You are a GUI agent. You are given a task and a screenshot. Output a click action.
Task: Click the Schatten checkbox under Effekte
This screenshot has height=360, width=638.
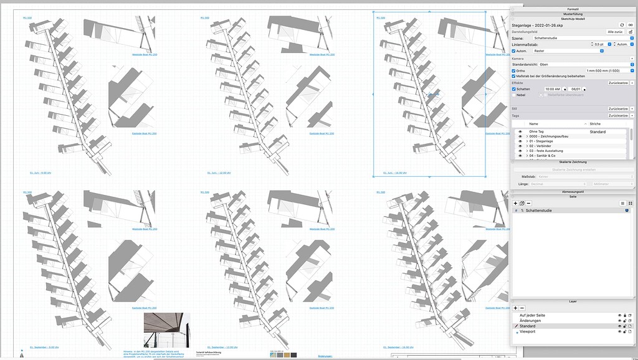tap(514, 89)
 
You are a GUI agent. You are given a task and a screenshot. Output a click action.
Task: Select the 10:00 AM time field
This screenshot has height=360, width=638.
tap(553, 89)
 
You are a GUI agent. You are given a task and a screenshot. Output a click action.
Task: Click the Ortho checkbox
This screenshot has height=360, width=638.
tap(514, 70)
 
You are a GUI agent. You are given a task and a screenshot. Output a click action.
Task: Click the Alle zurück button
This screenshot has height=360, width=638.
tap(615, 31)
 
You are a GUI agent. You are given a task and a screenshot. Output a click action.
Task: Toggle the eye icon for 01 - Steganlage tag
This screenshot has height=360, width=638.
tap(520, 141)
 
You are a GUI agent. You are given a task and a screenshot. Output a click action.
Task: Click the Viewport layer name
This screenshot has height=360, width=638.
tap(527, 331)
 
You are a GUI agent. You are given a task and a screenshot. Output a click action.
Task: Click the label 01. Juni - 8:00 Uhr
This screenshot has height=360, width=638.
tap(40, 173)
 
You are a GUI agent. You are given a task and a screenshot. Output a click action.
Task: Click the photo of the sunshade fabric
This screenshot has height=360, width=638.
tap(166, 330)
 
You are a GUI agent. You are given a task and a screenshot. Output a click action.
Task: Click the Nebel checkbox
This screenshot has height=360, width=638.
tap(514, 95)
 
